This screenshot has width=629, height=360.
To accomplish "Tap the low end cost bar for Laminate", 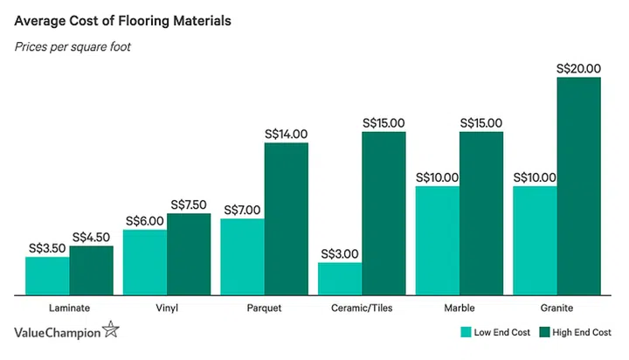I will coord(47,275).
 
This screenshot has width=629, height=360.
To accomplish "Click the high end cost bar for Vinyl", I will coord(189,253).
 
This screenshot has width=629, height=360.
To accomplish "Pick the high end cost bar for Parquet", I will coord(287,218).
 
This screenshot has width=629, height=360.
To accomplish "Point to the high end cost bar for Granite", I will coord(579,186).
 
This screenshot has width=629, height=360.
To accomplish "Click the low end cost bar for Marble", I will coord(438,240).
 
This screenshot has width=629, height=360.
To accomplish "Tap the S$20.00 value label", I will coord(579,68).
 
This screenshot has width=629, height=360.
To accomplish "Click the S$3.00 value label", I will coord(340,254).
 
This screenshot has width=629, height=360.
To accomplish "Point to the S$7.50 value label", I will coord(189,204).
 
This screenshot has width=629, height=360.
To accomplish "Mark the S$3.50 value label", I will coord(47,248).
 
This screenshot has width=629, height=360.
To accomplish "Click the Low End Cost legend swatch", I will coord(466,332).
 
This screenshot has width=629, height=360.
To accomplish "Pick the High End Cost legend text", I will coord(584,332).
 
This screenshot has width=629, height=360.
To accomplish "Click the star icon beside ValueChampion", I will coord(111,329).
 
